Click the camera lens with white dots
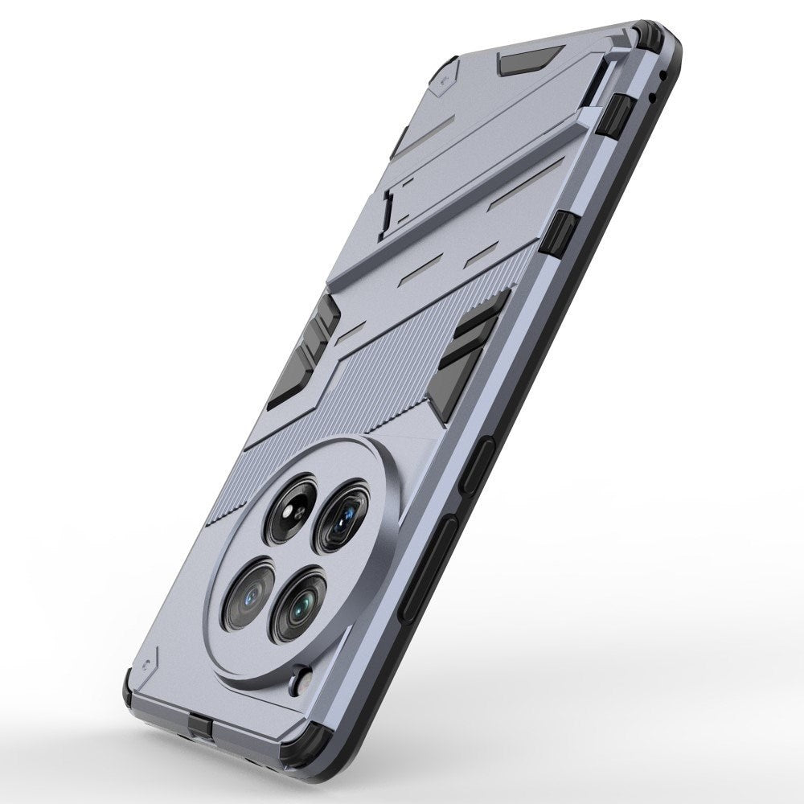tap(290, 509)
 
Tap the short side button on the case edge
tap(474, 466)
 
